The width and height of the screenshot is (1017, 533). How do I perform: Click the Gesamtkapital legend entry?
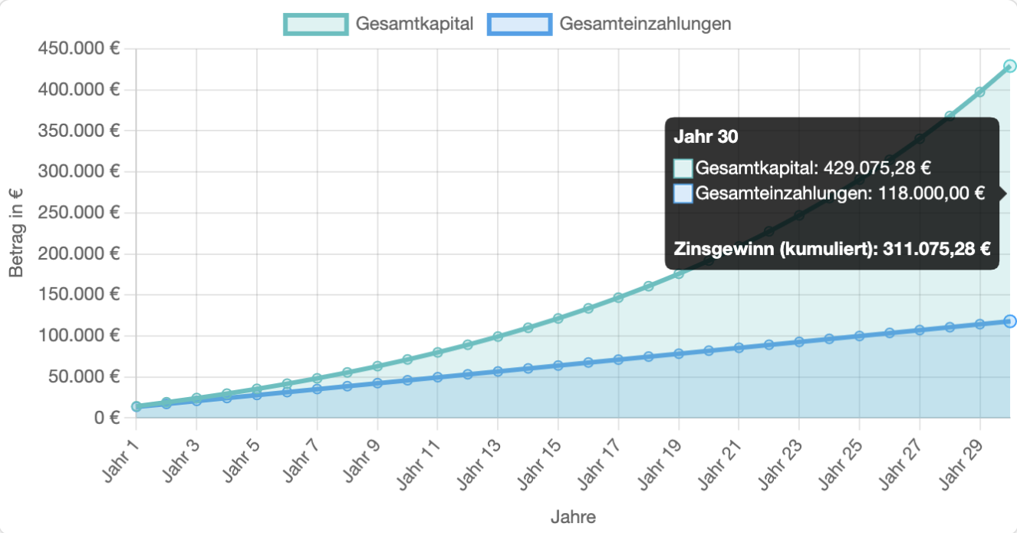point(379,24)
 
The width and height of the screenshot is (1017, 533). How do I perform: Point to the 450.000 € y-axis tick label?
point(78,49)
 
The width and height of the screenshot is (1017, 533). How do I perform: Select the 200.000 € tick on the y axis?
point(78,253)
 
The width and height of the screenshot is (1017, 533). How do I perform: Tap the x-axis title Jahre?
point(573,517)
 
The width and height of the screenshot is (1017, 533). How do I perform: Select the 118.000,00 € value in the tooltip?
point(928,194)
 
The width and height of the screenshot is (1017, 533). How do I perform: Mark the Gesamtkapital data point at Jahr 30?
point(1009,67)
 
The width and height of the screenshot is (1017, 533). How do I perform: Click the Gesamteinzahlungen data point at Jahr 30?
point(1009,321)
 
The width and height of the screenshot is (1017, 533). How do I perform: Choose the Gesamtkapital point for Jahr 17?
point(618,297)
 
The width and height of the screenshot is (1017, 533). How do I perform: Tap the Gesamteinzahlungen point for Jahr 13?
point(498,371)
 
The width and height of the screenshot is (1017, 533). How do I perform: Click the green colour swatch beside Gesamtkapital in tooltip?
point(683,168)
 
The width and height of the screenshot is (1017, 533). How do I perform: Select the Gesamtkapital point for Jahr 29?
point(979,92)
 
